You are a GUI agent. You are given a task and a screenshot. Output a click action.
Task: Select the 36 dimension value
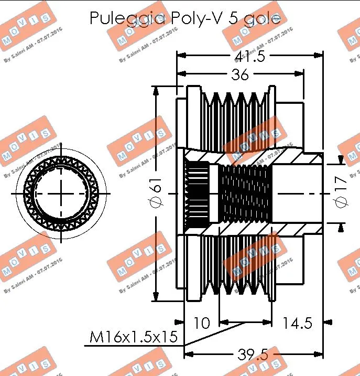240,75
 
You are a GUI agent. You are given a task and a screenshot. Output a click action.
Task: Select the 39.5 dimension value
253,355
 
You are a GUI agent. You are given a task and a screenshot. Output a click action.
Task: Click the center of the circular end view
61,194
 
